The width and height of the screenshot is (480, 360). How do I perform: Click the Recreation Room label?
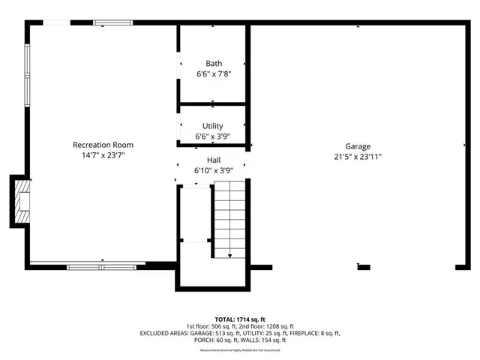coord(103,144)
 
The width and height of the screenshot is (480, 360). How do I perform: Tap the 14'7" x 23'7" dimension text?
coord(103,156)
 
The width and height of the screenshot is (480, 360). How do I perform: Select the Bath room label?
coord(214,64)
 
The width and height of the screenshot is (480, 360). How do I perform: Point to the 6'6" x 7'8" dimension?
coord(214,75)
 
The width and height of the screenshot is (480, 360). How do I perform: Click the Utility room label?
coord(213,126)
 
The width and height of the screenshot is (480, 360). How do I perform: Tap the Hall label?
coord(214,160)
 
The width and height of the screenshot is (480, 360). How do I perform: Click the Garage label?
coord(358,146)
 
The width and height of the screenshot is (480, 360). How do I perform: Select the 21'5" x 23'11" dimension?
coord(358,157)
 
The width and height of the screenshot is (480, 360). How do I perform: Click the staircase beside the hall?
coord(231,217)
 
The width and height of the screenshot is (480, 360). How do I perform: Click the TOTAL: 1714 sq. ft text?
coord(240,319)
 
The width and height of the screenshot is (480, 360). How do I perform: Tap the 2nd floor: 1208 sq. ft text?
coord(268,326)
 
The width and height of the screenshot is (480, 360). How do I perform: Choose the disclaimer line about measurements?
coord(240,349)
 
